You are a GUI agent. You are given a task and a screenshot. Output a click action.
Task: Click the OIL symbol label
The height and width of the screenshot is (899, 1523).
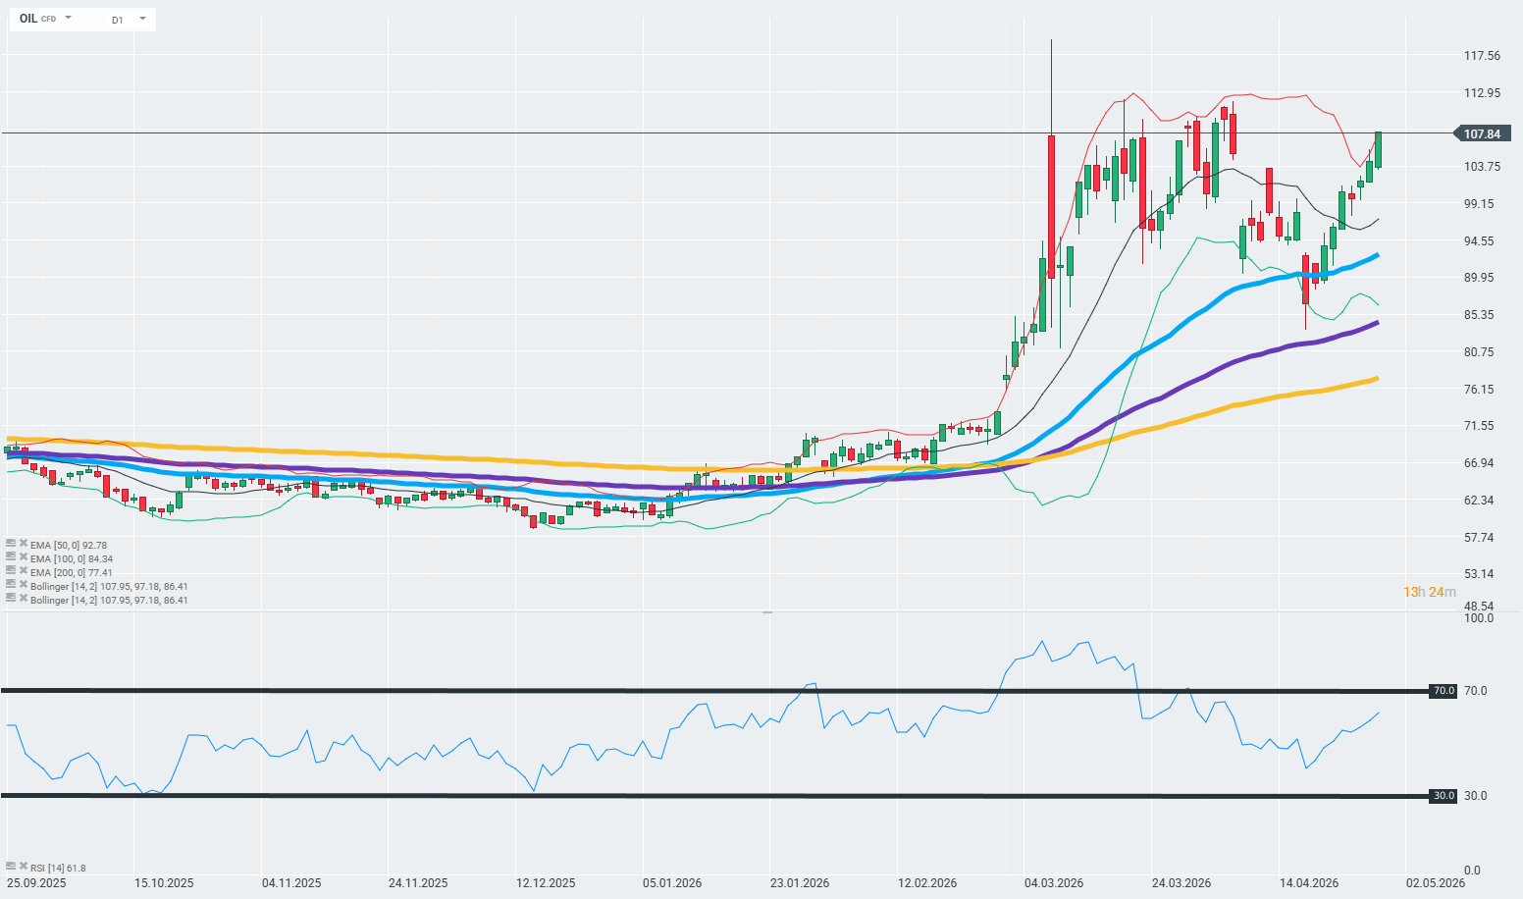(28, 19)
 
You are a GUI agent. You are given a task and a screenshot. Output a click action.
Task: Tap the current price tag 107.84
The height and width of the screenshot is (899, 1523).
(1481, 134)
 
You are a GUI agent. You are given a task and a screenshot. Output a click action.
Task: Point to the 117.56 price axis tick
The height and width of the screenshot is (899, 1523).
(1482, 56)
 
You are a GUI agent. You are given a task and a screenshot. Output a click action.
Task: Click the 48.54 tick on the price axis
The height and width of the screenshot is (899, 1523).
(1479, 607)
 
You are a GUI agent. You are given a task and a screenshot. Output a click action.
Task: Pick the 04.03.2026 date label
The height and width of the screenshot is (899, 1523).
(1053, 882)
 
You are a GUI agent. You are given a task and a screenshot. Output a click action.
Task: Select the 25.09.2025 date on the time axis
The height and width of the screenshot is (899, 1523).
(36, 882)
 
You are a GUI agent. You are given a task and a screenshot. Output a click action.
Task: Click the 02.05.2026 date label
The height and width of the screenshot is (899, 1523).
(1436, 882)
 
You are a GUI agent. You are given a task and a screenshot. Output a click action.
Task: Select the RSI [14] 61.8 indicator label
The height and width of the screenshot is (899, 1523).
(57, 868)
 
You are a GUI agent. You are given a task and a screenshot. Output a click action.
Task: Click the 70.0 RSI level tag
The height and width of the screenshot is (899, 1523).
(1443, 691)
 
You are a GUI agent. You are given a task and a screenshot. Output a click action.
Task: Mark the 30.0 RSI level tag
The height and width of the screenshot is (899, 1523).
(1443, 796)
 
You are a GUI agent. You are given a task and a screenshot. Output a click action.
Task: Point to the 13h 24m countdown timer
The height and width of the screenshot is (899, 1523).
(1429, 592)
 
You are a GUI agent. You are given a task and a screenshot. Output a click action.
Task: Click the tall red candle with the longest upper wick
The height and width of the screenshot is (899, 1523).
(1051, 206)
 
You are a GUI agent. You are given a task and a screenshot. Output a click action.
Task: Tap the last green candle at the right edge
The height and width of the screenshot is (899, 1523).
(1378, 149)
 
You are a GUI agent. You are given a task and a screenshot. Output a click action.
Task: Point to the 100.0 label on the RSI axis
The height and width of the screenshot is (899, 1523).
(1478, 618)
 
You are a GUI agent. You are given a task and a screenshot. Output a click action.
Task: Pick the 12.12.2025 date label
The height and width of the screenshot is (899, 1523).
(546, 882)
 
